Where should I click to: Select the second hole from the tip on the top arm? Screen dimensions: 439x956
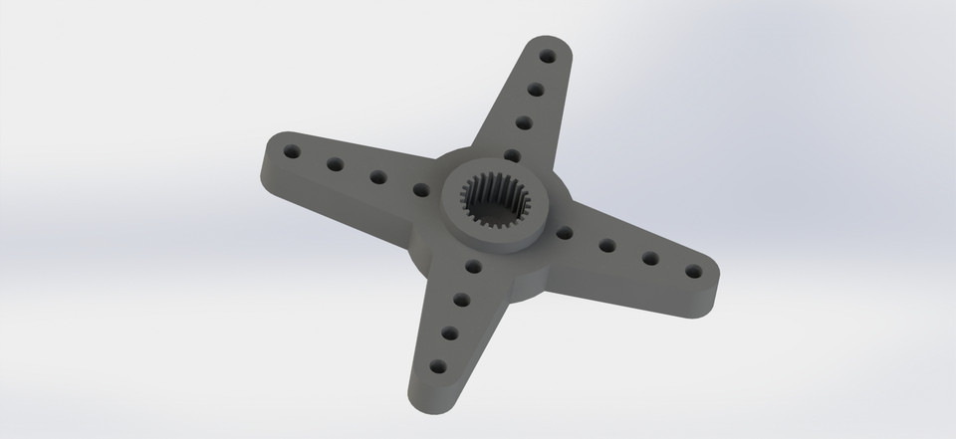pyautogui.click(x=536, y=90)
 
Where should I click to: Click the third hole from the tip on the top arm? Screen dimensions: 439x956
pyautogui.click(x=523, y=123)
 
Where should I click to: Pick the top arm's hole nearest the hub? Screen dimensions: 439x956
pyautogui.click(x=511, y=155)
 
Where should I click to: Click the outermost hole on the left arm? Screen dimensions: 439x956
pyautogui.click(x=292, y=153)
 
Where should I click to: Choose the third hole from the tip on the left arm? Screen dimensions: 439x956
pyautogui.click(x=377, y=177)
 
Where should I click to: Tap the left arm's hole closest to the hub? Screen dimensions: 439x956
pyautogui.click(x=420, y=188)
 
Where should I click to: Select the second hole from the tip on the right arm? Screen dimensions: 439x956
pyautogui.click(x=649, y=258)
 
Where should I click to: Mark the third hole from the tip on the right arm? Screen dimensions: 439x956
pyautogui.click(x=606, y=245)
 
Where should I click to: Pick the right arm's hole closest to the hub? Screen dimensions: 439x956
pyautogui.click(x=564, y=233)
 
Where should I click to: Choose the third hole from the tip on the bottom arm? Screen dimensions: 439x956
pyautogui.click(x=460, y=299)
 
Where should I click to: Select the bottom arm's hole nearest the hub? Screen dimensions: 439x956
pyautogui.click(x=472, y=267)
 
